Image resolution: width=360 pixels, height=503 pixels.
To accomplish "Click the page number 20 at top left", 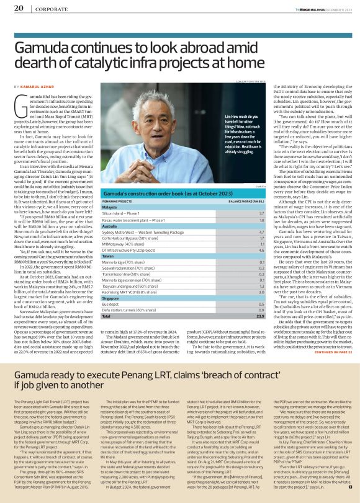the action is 19,8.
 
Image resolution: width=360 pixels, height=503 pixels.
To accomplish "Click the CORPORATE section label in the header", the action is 47,9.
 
